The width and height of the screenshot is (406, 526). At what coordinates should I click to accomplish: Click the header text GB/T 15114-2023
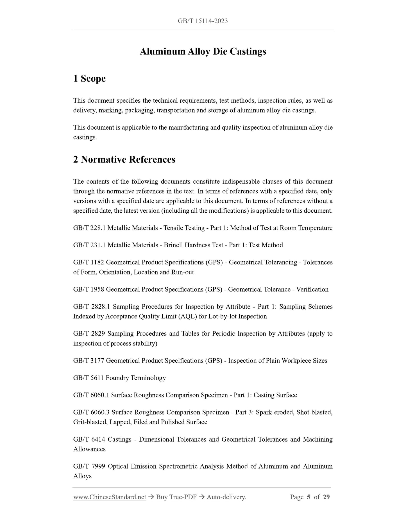coord(203,21)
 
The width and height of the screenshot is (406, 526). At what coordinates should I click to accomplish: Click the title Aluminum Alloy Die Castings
coord(203,51)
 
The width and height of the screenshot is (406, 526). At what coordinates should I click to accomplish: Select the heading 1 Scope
coord(89,78)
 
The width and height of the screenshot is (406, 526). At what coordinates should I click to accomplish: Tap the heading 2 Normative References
coord(124,159)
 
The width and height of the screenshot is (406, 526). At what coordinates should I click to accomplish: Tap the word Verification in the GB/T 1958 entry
coord(312,289)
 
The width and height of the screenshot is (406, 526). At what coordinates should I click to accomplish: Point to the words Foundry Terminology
coord(136,378)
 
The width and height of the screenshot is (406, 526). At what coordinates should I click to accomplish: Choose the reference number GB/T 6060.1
coord(91,395)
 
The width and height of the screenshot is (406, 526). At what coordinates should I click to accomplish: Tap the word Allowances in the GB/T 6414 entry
coord(89,449)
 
